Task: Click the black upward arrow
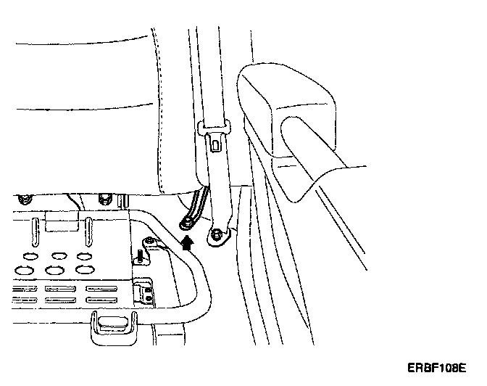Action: coord(188,243)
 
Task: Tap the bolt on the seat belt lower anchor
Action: coord(217,234)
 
